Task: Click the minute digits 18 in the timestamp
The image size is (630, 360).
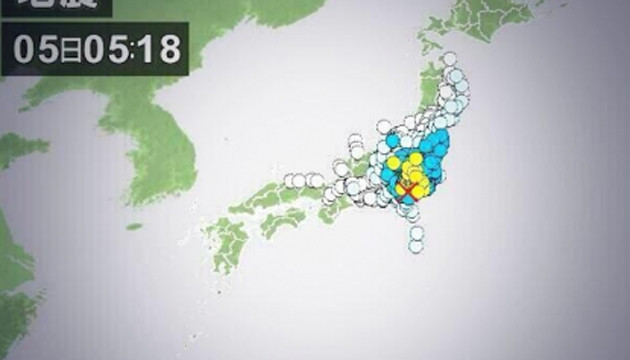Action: click(158, 48)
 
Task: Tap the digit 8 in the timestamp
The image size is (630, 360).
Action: click(168, 48)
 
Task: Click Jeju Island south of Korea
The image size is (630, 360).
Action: click(134, 226)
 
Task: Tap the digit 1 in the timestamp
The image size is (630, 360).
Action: click(147, 48)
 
